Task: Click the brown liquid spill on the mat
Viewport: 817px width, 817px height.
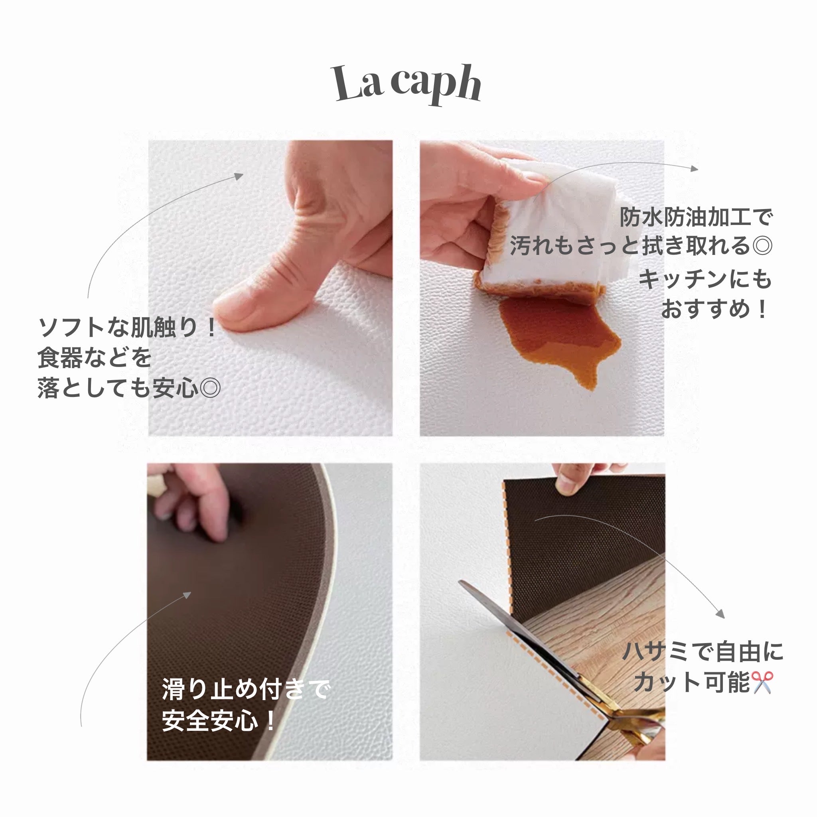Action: click(558, 334)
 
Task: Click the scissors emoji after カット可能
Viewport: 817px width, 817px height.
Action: click(762, 682)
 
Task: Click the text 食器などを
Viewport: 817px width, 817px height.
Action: click(94, 358)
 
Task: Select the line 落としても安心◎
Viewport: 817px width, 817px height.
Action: click(129, 388)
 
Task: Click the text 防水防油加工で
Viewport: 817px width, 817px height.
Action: click(696, 217)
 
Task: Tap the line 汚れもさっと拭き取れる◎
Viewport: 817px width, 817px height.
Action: click(641, 246)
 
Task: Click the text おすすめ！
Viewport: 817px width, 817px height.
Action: click(714, 309)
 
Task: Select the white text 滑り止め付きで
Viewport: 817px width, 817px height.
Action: click(245, 689)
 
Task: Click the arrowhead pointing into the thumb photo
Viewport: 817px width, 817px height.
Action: click(239, 176)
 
